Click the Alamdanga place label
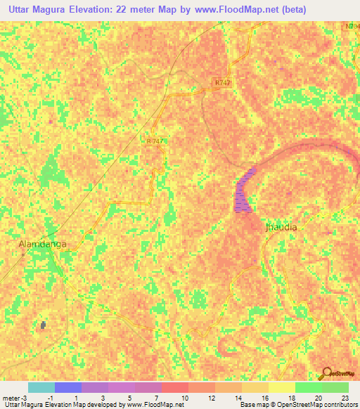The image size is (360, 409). pos(43,244)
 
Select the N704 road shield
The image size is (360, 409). pos(353,26)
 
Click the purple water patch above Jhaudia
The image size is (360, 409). pos(244,190)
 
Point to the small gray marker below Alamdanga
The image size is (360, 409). pos(44,325)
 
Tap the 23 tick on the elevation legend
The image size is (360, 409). pos(344,398)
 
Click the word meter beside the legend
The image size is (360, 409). pos(8,398)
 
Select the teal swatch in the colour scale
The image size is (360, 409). pos(41,387)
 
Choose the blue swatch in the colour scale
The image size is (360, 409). pos(68,387)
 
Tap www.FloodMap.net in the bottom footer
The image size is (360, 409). pos(150,405)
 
